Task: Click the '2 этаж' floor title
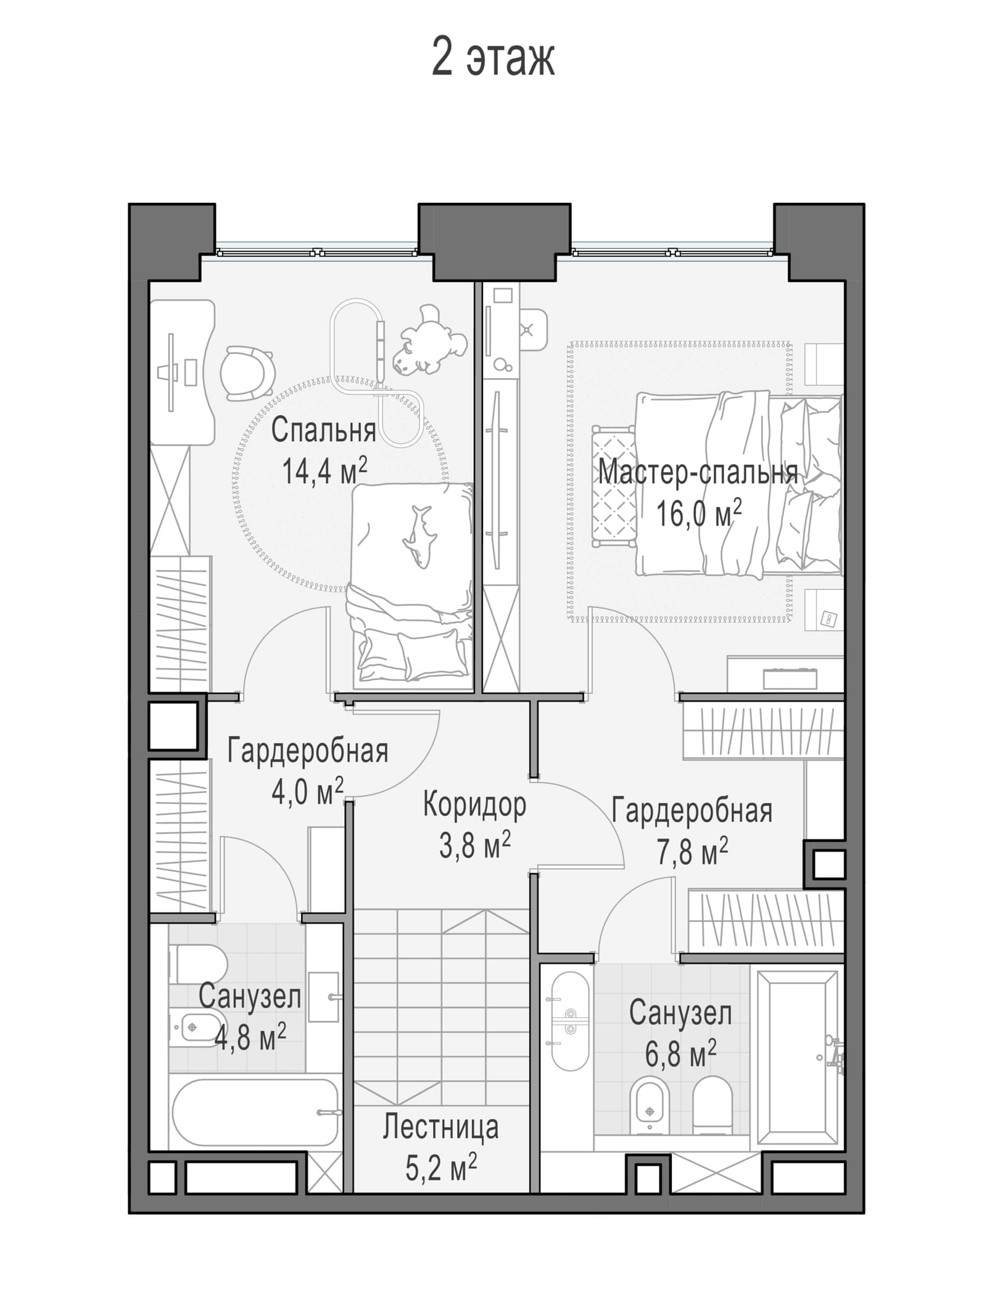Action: [493, 57]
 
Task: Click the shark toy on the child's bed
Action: [419, 536]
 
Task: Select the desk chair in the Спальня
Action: [247, 372]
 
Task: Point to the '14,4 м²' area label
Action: [324, 471]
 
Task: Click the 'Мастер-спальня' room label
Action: [698, 473]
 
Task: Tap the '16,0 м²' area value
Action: [698, 513]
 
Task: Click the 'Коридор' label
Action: [474, 804]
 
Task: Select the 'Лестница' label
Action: [440, 1127]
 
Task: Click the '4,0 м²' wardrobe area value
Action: [308, 792]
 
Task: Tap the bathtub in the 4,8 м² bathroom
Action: [255, 1112]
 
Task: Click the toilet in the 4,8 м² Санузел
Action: [199, 965]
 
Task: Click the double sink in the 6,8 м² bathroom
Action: [569, 1022]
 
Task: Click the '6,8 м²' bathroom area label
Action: [681, 1054]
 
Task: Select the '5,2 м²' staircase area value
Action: [441, 1168]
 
